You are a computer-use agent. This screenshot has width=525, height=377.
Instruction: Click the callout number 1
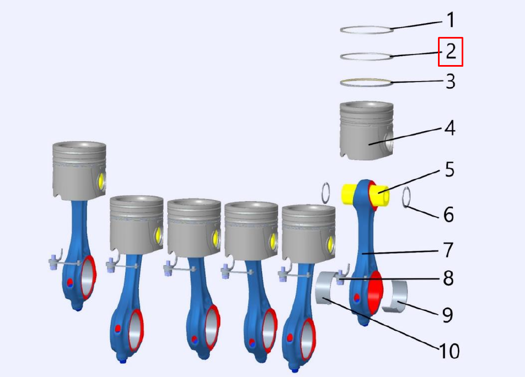coord(451,20)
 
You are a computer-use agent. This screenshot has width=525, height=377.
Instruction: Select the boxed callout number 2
coord(451,51)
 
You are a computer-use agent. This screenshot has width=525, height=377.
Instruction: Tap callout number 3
coord(451,82)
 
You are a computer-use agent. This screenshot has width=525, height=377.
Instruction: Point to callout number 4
coord(450,128)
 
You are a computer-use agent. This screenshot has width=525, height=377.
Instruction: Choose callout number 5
coord(450,170)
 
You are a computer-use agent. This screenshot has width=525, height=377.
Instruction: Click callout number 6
coord(448,214)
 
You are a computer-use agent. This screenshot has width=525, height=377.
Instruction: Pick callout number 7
coord(448,250)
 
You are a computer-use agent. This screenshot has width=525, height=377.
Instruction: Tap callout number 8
coord(448,278)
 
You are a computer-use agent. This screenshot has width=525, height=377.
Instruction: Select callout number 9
coord(448,315)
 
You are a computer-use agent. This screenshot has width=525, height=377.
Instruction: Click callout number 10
coord(450,351)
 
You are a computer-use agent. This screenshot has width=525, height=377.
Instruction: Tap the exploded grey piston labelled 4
coord(366,131)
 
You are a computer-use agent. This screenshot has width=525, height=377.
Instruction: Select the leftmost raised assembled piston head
coord(79,171)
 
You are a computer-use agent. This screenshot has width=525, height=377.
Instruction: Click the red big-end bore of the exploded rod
coord(375,293)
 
